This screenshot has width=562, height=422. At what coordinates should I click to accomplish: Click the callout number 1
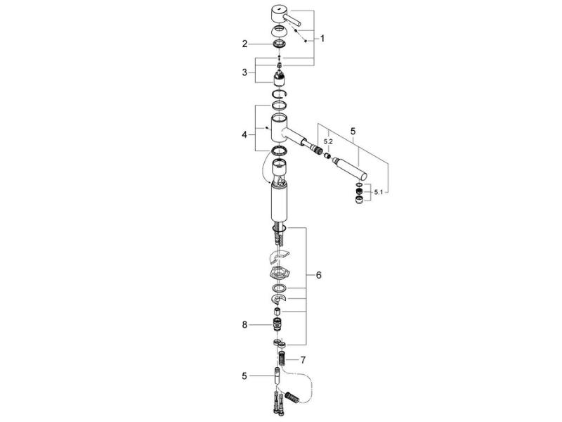[322, 39]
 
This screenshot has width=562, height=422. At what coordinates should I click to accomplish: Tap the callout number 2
[244, 44]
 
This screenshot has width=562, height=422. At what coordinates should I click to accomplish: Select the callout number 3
[244, 72]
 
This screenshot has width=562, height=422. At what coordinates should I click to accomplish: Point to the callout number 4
[244, 135]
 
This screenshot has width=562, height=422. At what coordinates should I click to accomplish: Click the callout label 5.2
[328, 142]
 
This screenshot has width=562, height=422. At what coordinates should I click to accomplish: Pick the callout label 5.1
[379, 192]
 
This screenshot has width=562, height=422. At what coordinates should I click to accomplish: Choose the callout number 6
[319, 275]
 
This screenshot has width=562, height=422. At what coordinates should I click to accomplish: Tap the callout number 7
[303, 359]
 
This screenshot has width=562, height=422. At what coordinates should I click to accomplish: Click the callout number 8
[244, 325]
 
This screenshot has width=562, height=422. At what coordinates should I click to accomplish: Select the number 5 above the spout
[353, 132]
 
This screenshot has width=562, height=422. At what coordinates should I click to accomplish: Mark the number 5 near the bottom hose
[244, 376]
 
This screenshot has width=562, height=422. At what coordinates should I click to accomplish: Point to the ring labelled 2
[279, 44]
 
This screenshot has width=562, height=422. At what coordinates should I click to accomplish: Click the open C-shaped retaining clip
[279, 94]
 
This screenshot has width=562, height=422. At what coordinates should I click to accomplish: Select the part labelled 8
[278, 324]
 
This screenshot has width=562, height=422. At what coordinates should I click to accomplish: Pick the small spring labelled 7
[283, 359]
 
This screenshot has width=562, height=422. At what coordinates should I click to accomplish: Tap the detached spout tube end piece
[350, 169]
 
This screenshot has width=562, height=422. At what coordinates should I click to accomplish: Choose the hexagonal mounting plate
[280, 273]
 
